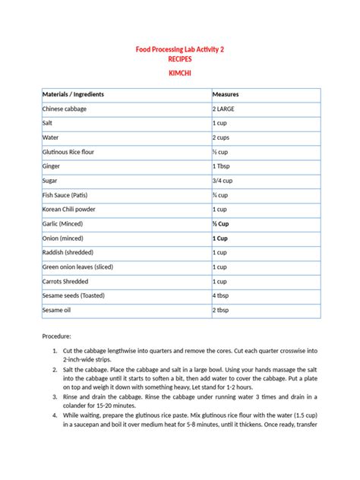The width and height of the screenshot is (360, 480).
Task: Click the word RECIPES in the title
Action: point(180,58)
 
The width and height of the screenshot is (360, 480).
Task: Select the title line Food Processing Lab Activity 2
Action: point(180,49)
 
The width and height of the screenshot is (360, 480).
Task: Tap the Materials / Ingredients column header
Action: point(74,94)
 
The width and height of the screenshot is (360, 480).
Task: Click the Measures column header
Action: point(226,94)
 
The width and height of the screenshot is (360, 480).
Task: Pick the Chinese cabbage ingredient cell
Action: point(65,109)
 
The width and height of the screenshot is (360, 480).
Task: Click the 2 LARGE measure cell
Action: point(226,109)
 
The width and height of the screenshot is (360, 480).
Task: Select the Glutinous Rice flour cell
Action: point(72,152)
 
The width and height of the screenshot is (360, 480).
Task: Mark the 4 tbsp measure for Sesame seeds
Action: point(222,295)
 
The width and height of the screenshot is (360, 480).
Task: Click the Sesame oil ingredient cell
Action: point(58,310)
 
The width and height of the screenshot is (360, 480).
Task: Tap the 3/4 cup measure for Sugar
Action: point(223,181)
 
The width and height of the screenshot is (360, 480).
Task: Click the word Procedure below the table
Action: point(57,336)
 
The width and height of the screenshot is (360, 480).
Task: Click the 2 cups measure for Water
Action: point(221,137)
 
